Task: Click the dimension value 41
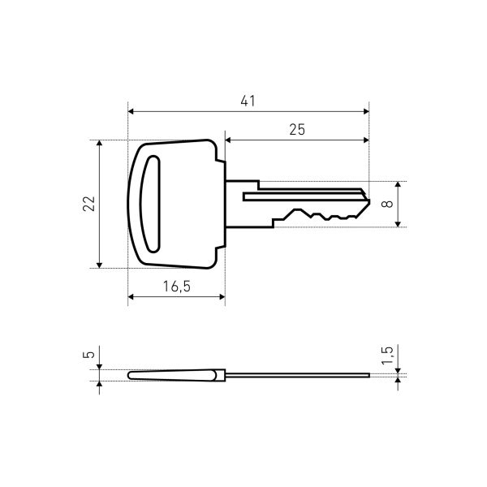pyautogui.click(x=248, y=101)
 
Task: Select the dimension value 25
pyautogui.click(x=297, y=130)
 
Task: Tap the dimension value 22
pyautogui.click(x=88, y=204)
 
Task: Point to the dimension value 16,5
pyautogui.click(x=177, y=287)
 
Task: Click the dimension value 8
pyautogui.click(x=387, y=204)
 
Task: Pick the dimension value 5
pyautogui.click(x=88, y=355)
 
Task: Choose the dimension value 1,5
pyautogui.click(x=387, y=356)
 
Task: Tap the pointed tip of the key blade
pyautogui.click(x=369, y=202)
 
